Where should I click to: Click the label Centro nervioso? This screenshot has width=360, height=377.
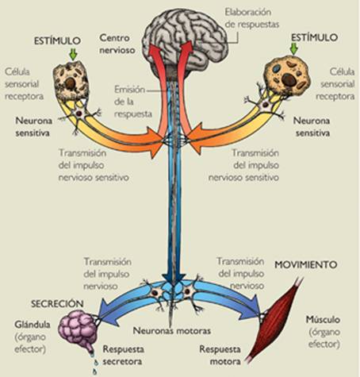pyautogui.click(x=120, y=44)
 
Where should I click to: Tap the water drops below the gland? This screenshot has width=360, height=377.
pyautogui.click(x=94, y=364)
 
